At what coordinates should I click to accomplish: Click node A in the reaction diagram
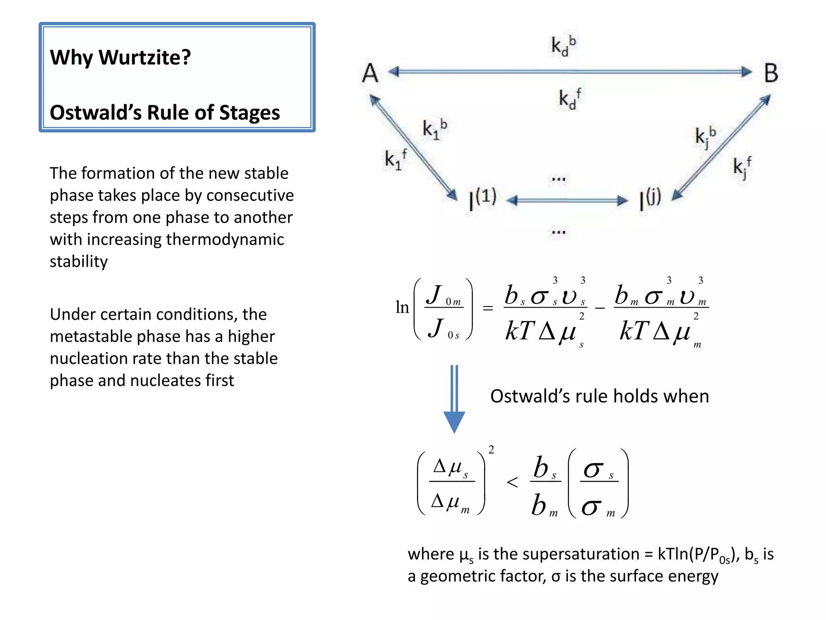[x=370, y=73]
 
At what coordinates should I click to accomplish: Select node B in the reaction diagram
[x=771, y=73]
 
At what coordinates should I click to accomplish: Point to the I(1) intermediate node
[x=482, y=199]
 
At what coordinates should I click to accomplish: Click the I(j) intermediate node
[x=650, y=199]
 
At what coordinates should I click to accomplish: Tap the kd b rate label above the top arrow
[x=563, y=45]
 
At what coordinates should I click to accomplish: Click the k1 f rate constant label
[x=395, y=159]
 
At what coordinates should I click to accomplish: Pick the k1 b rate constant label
[x=434, y=129]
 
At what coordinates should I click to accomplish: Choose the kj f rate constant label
[x=742, y=166]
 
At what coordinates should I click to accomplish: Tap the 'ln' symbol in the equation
[x=402, y=307]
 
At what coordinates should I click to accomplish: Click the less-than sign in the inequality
[x=512, y=482]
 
